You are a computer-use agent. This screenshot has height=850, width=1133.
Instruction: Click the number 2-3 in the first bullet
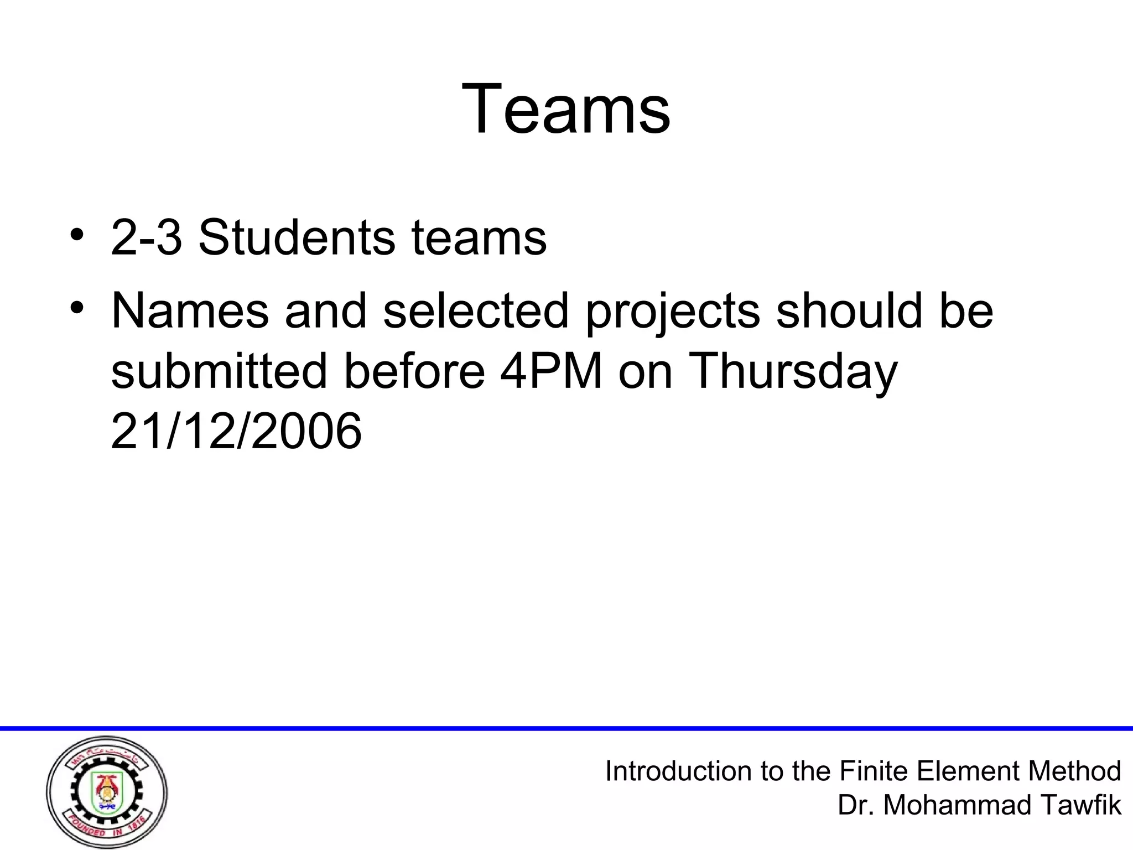(147, 238)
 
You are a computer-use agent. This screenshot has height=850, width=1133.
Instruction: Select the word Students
(297, 238)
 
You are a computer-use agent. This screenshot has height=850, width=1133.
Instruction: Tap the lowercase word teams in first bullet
(479, 239)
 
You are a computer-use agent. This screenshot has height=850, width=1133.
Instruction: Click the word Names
(190, 310)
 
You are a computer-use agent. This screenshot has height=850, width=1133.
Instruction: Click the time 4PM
(551, 370)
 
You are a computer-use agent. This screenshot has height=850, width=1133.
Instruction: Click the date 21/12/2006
(236, 431)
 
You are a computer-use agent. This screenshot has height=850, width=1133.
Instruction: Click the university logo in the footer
(107, 792)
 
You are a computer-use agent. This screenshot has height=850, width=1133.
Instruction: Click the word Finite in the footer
(874, 771)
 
